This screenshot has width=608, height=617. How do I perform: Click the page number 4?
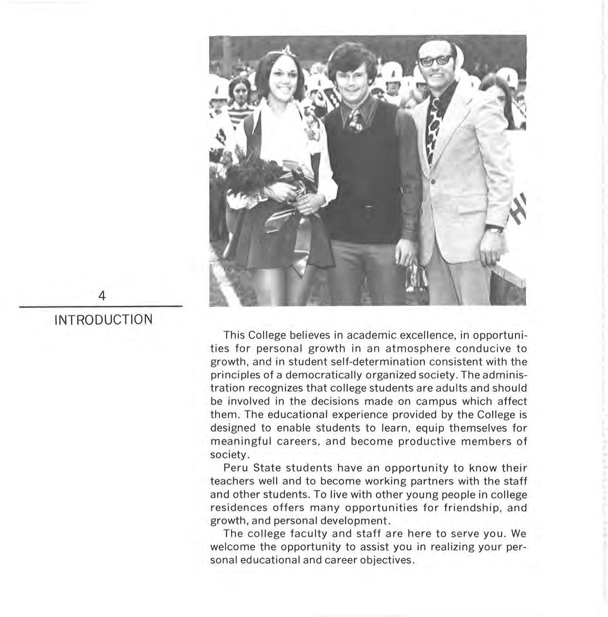(102, 296)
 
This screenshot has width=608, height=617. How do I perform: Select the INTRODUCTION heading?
(104, 320)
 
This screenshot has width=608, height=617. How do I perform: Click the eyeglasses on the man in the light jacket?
(436, 60)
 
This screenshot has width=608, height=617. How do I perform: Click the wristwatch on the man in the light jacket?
(495, 229)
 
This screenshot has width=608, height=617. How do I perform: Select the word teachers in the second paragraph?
(230, 481)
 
